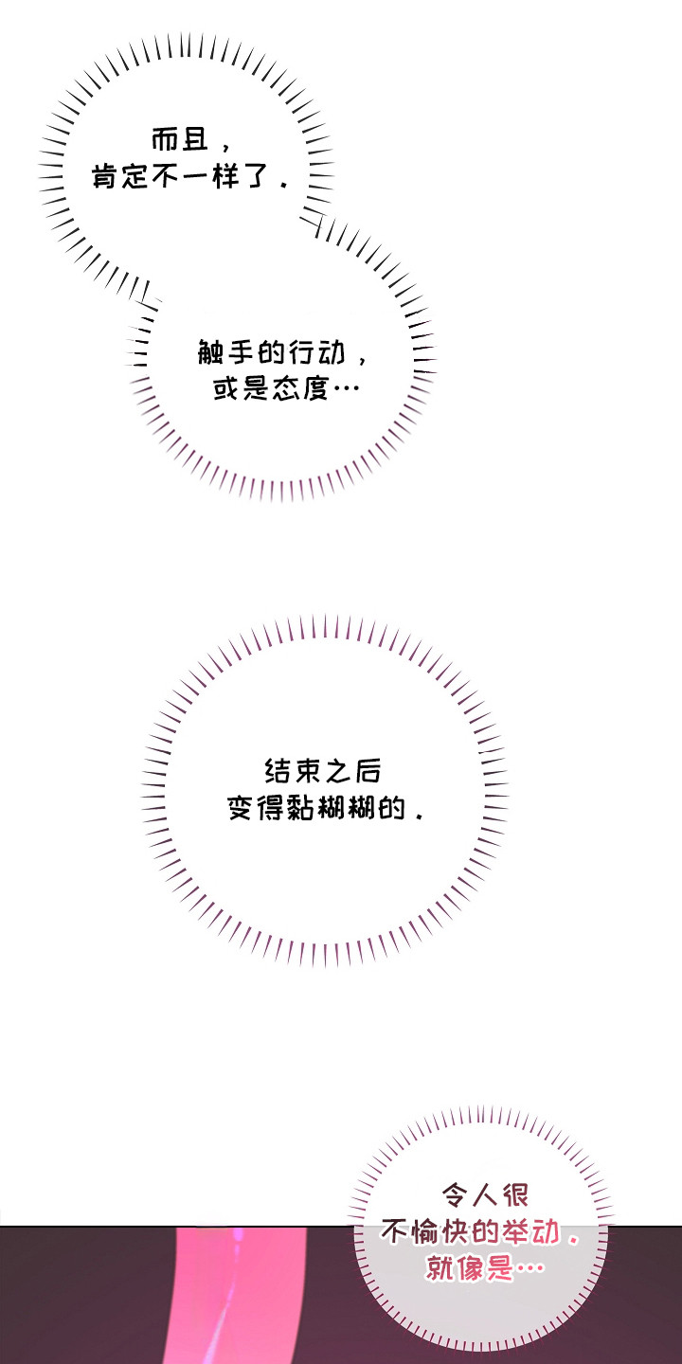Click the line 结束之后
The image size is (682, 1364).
pyautogui.click(x=323, y=771)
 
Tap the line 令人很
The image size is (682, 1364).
pyautogui.click(x=485, y=1195)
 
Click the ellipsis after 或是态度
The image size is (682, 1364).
pyautogui.click(x=345, y=389)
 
